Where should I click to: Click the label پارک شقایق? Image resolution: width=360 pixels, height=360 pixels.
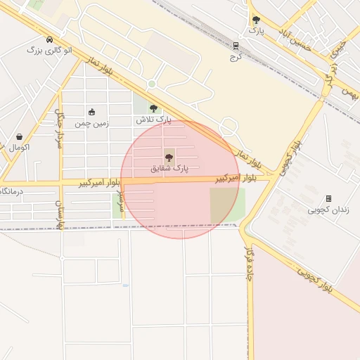pyautogui.click(x=170, y=169)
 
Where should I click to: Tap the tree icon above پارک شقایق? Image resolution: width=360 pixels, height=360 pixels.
pyautogui.click(x=169, y=157)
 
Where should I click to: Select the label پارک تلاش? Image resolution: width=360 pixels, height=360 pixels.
pyautogui.click(x=154, y=120)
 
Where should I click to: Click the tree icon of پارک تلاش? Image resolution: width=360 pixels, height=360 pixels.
pyautogui.click(x=153, y=108)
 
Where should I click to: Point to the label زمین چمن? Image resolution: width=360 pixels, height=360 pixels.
pyautogui.click(x=92, y=124)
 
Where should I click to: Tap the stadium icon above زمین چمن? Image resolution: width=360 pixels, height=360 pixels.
pyautogui.click(x=91, y=112)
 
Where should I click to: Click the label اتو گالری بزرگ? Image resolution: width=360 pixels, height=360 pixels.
pyautogui.click(x=49, y=51)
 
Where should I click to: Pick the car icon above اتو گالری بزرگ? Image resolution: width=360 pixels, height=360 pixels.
pyautogui.click(x=49, y=39)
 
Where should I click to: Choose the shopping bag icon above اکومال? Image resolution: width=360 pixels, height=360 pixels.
pyautogui.click(x=19, y=136)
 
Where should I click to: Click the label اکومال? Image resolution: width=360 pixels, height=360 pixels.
pyautogui.click(x=19, y=148)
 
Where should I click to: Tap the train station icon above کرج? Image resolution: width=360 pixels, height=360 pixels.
pyautogui.click(x=235, y=45)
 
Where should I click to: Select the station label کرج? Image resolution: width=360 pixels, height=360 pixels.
pyautogui.click(x=235, y=56)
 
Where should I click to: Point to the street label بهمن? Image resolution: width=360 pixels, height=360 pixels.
pyautogui.click(x=349, y=89)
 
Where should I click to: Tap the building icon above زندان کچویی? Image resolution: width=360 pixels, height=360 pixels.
pyautogui.click(x=328, y=198)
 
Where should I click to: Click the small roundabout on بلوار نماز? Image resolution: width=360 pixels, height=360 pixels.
pyautogui.click(x=151, y=84)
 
